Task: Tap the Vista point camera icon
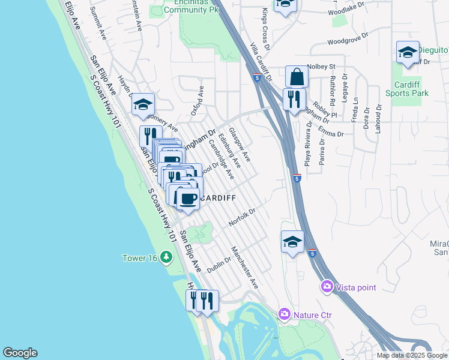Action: point(327,287)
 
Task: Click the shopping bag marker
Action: point(297,77)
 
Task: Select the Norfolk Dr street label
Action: point(243,217)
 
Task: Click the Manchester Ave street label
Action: point(245,266)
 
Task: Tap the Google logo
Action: point(20,353)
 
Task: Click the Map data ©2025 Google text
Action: point(412,355)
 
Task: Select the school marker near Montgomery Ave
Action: point(143,105)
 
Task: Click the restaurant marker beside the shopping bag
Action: point(294,99)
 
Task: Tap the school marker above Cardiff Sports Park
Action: point(408,52)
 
